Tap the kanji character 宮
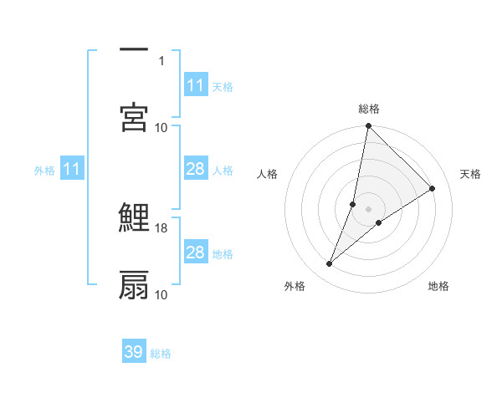pyautogui.click(x=134, y=118)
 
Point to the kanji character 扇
pyautogui.click(x=134, y=285)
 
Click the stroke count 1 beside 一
pyautogui.click(x=162, y=60)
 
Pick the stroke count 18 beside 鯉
pyautogui.click(x=161, y=227)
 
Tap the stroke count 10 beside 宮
pyautogui.click(x=161, y=127)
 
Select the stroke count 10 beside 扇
pyautogui.click(x=161, y=294)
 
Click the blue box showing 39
pyautogui.click(x=134, y=352)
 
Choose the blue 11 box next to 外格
pyautogui.click(x=72, y=170)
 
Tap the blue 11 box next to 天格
pyautogui.click(x=196, y=85)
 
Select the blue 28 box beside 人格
pyautogui.click(x=196, y=170)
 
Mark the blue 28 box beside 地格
pyautogui.click(x=196, y=253)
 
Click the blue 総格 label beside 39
pyautogui.click(x=161, y=354)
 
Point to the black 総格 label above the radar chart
pyautogui.click(x=369, y=109)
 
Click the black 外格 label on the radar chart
pyautogui.click(x=295, y=286)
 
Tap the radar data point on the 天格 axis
pyautogui.click(x=433, y=188)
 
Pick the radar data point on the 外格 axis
pyautogui.click(x=330, y=264)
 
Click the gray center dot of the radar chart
pyautogui.click(x=369, y=209)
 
